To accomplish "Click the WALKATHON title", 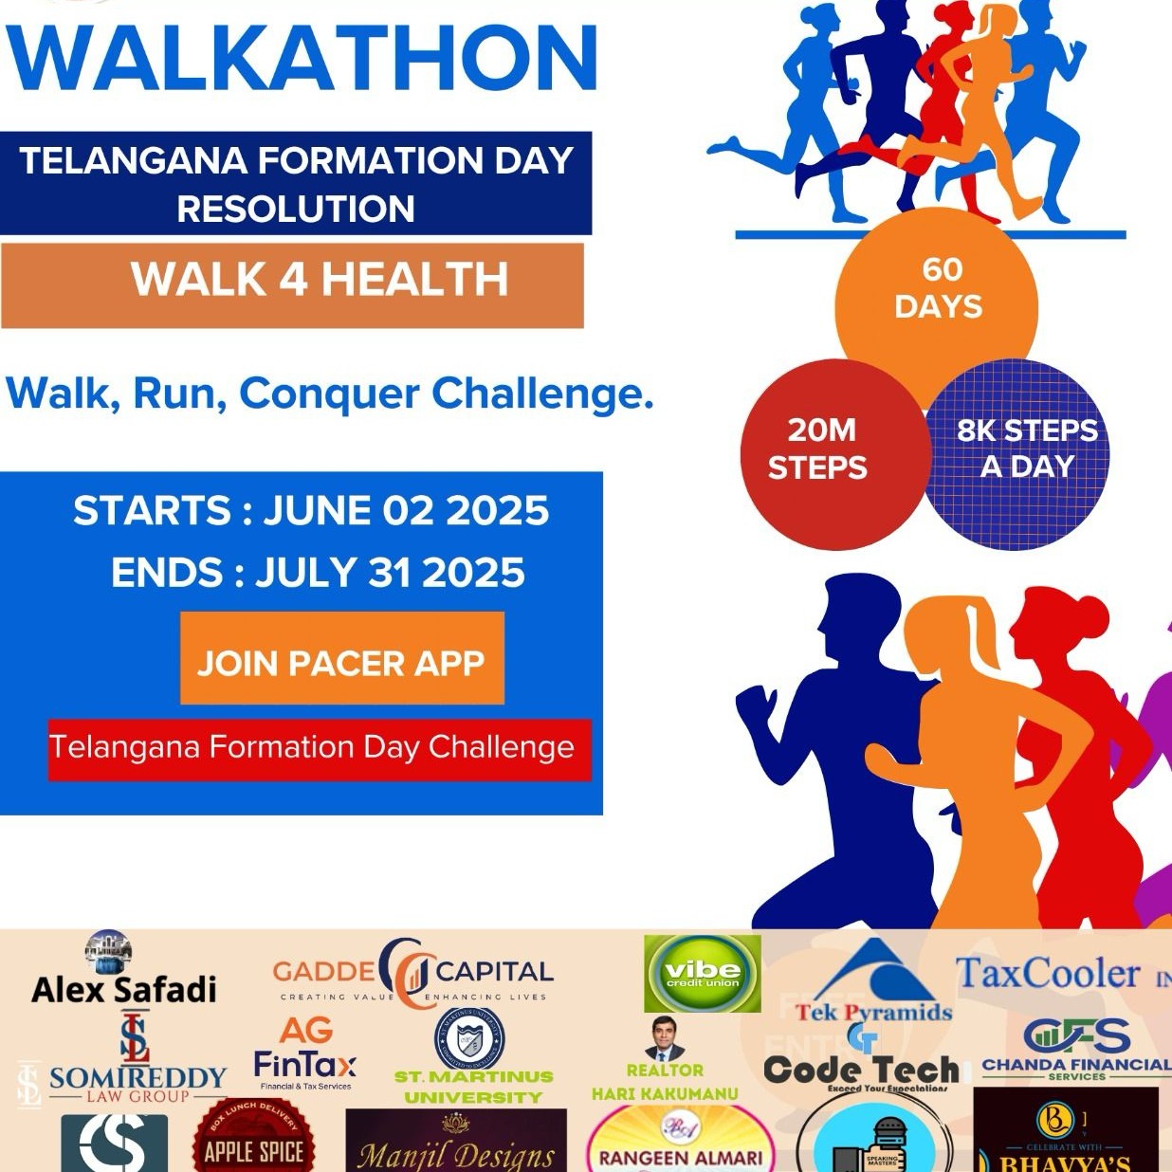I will (302, 57).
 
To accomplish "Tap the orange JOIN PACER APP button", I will (341, 661).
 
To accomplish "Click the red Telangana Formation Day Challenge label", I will (313, 748).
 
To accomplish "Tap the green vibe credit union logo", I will (702, 974).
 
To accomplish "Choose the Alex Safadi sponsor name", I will (124, 990).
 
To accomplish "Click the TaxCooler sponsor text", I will (1047, 975).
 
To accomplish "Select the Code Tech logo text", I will (861, 1070).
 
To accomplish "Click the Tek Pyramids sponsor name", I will (873, 1012).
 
